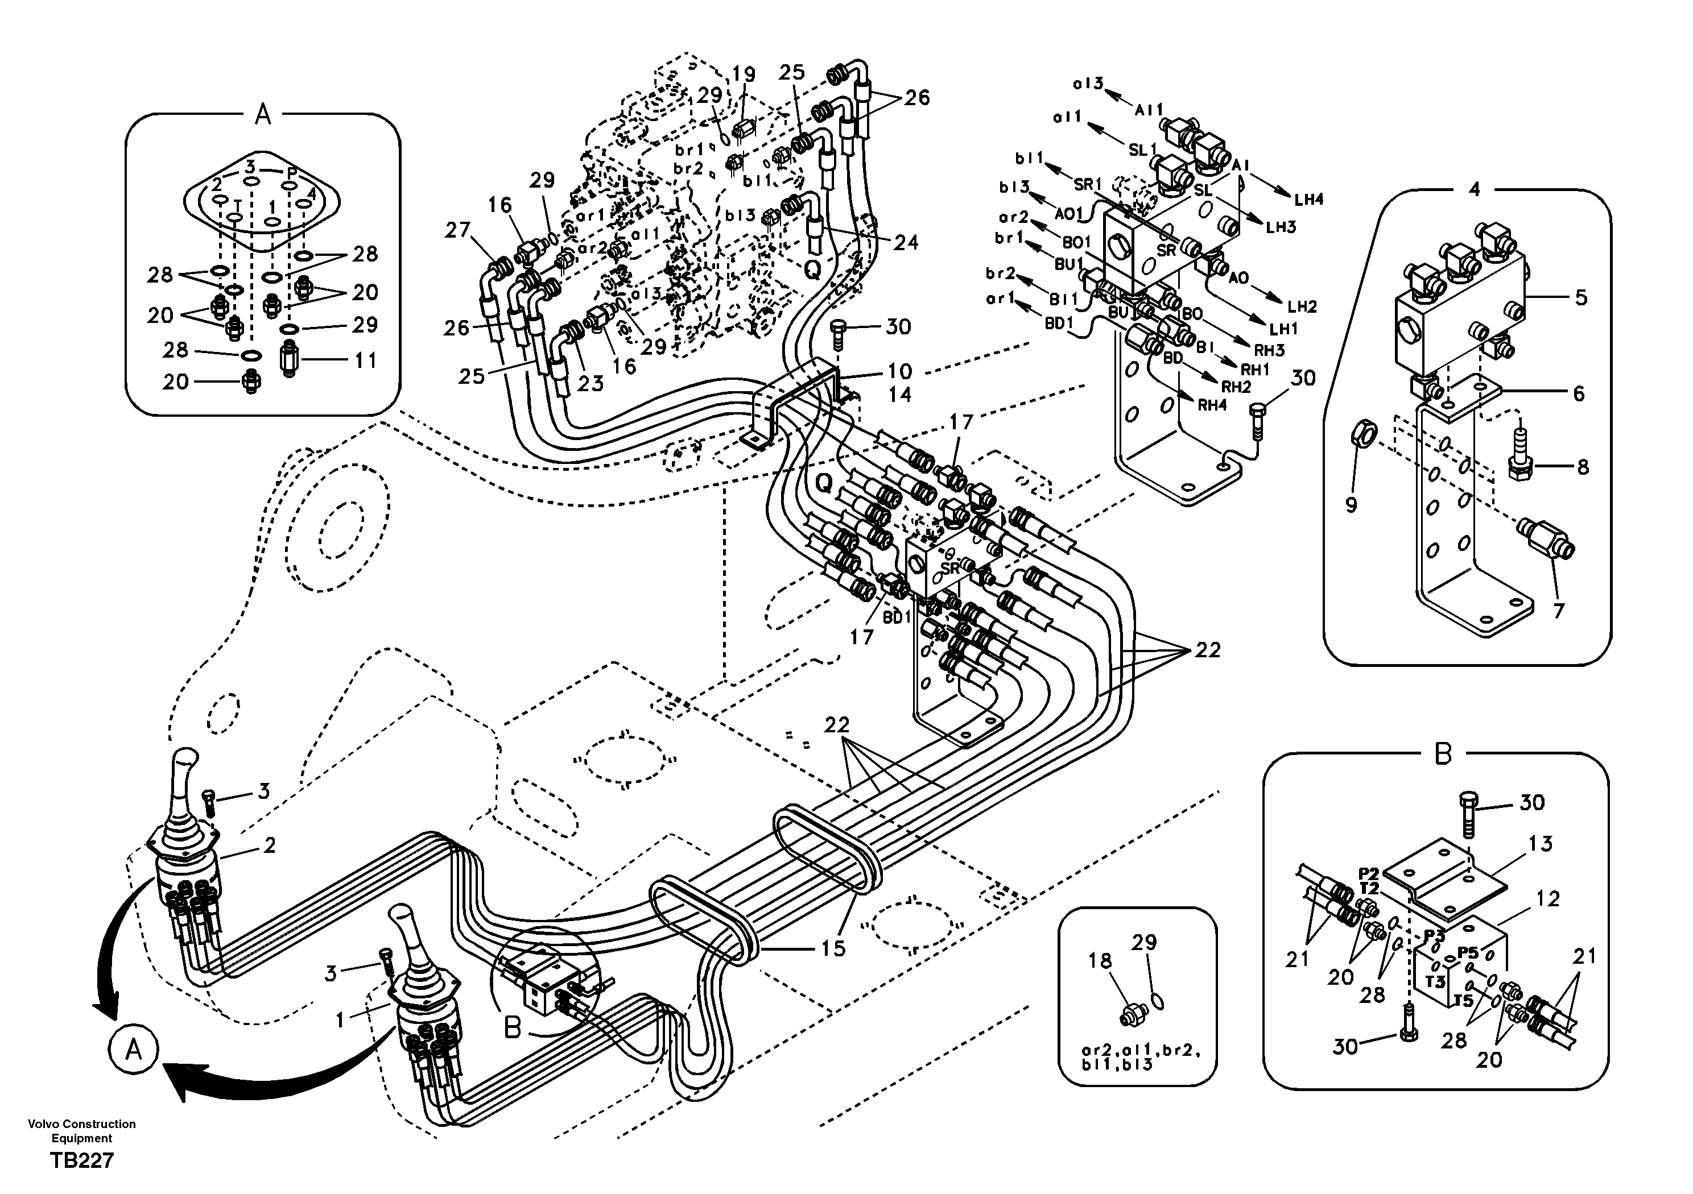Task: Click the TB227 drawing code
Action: click(x=82, y=1161)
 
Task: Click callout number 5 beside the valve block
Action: click(x=1581, y=298)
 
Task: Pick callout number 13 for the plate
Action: click(x=1541, y=844)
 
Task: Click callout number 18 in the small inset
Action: click(x=1100, y=960)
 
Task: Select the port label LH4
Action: click(x=1309, y=199)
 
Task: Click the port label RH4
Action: click(x=1212, y=405)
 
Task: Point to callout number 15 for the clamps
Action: click(x=833, y=948)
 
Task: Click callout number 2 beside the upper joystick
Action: click(x=269, y=845)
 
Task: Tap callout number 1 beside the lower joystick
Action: click(x=340, y=1020)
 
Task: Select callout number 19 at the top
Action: click(x=744, y=74)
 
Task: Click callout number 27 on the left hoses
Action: click(x=457, y=231)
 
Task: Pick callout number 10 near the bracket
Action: click(x=899, y=371)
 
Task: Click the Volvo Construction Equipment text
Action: click(x=82, y=1131)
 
